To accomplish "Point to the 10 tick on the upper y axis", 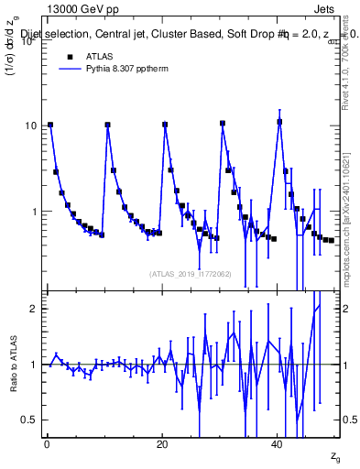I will pyautogui.click(x=32, y=125).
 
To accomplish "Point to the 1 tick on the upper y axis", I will pyautogui.click(x=36, y=212).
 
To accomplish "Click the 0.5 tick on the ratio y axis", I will pyautogui.click(x=32, y=420).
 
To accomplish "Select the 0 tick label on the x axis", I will pyautogui.click(x=47, y=445).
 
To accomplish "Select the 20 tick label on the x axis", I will pyautogui.click(x=162, y=445).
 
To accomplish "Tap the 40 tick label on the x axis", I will pyautogui.click(x=278, y=445).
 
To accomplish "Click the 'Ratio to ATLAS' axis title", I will pyautogui.click(x=12, y=365).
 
